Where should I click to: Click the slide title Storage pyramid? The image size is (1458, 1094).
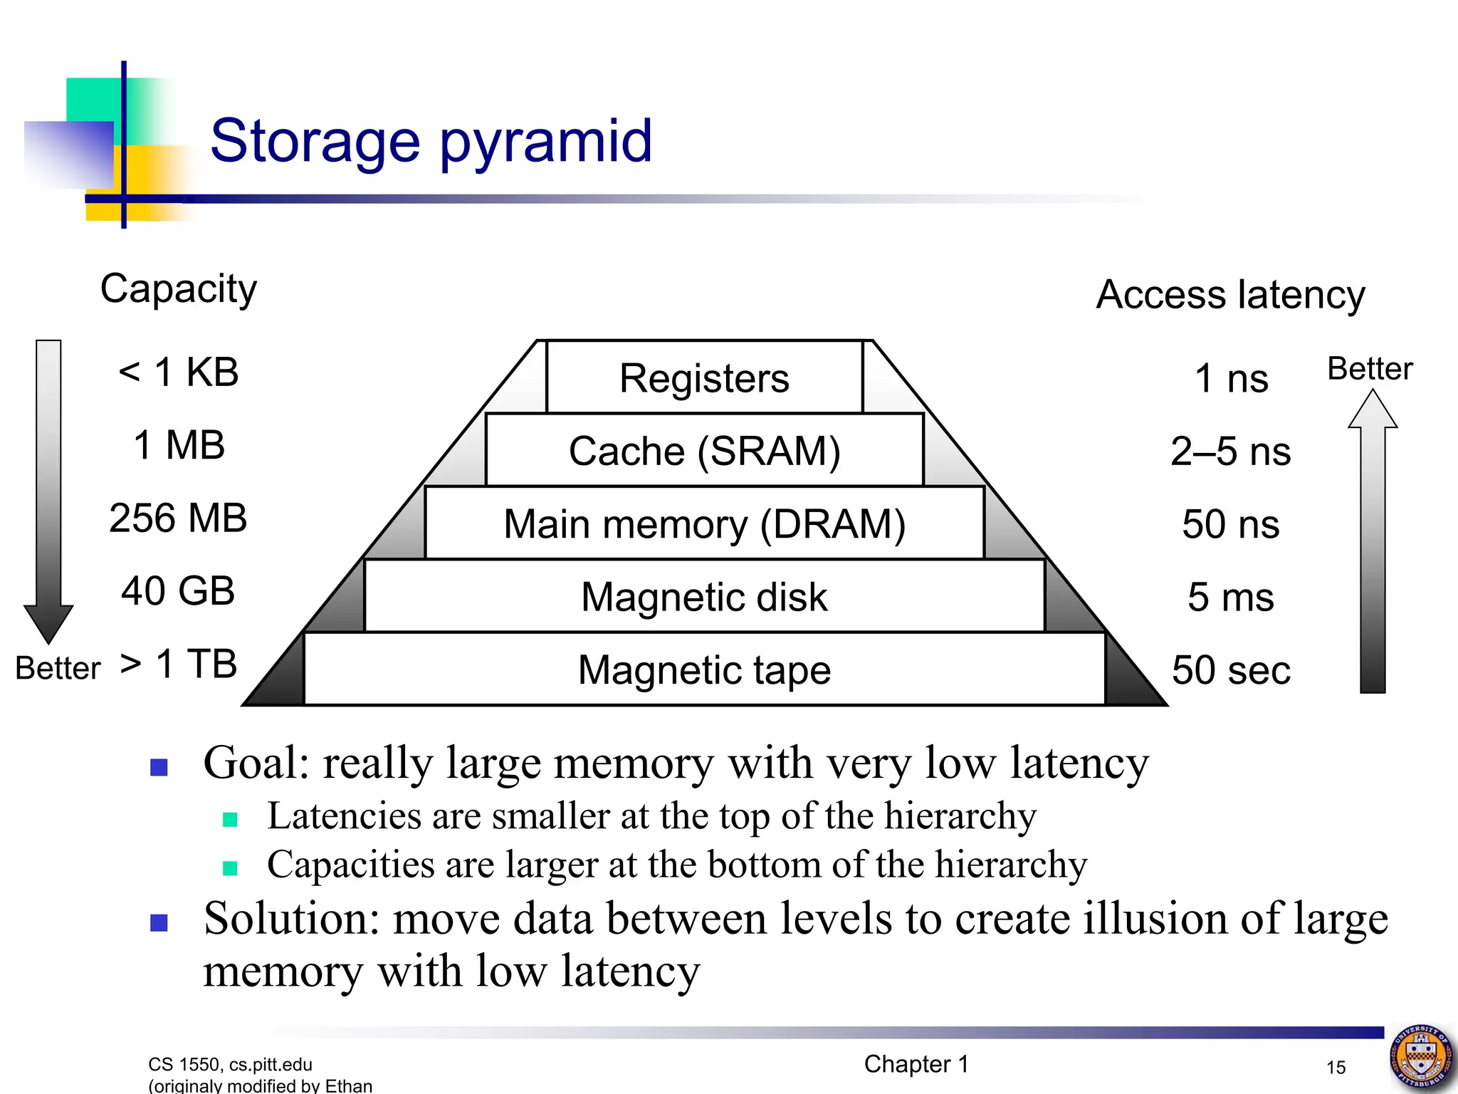(431, 141)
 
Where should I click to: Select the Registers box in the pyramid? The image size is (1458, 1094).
(704, 377)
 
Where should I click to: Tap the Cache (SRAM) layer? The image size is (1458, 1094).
(704, 451)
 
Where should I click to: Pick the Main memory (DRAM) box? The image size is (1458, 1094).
(704, 524)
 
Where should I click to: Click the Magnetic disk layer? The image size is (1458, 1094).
(704, 597)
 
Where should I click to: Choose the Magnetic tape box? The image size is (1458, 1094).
(704, 670)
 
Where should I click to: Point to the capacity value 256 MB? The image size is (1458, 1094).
(178, 518)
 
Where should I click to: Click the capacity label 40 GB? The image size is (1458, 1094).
(178, 590)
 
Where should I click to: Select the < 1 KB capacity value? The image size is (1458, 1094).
(178, 372)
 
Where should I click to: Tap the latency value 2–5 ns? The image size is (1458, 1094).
(1230, 451)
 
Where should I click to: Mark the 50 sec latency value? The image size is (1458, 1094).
(1231, 670)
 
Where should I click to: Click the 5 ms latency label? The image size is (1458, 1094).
(1230, 597)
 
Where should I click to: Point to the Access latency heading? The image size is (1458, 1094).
(1230, 294)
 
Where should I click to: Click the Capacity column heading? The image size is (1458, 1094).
(178, 288)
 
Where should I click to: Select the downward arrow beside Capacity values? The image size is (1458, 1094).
(48, 491)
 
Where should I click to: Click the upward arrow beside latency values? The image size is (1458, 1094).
(1373, 541)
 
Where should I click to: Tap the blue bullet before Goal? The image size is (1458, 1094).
(159, 767)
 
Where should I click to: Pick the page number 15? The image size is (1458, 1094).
(1336, 1067)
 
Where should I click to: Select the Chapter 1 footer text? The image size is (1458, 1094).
(916, 1064)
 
